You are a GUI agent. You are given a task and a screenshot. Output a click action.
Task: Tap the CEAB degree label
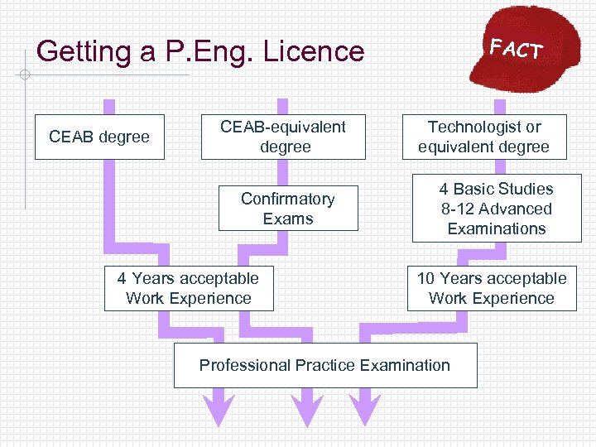click(99, 137)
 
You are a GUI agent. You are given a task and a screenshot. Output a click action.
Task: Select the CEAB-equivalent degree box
click(283, 137)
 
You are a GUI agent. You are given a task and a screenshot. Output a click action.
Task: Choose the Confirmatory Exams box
click(288, 209)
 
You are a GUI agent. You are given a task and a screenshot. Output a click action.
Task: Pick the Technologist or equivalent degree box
click(484, 137)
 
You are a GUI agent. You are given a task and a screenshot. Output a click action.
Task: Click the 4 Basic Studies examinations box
click(497, 209)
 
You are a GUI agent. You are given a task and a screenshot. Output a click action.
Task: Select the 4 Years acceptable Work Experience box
click(189, 288)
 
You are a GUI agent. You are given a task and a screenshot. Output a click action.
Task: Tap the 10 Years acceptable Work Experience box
click(492, 288)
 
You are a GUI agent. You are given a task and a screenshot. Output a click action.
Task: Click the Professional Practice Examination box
click(325, 365)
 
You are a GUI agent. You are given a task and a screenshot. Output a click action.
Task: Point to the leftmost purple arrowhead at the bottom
click(220, 408)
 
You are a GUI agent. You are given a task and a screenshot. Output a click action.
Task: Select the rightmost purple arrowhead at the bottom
click(363, 408)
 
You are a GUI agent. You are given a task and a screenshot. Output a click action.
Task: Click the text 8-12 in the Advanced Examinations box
click(459, 209)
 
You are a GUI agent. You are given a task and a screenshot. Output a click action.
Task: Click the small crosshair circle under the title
click(26, 75)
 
